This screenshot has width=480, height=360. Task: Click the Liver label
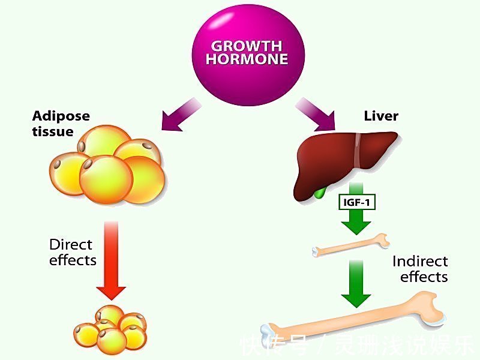pos(381,115)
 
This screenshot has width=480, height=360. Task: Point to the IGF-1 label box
pos(359,202)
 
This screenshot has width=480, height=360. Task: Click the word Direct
pos(71,245)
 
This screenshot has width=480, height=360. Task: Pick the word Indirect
pos(420,262)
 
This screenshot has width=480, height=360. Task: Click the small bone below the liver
pos(351,245)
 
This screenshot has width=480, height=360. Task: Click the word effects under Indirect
pos(424,277)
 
